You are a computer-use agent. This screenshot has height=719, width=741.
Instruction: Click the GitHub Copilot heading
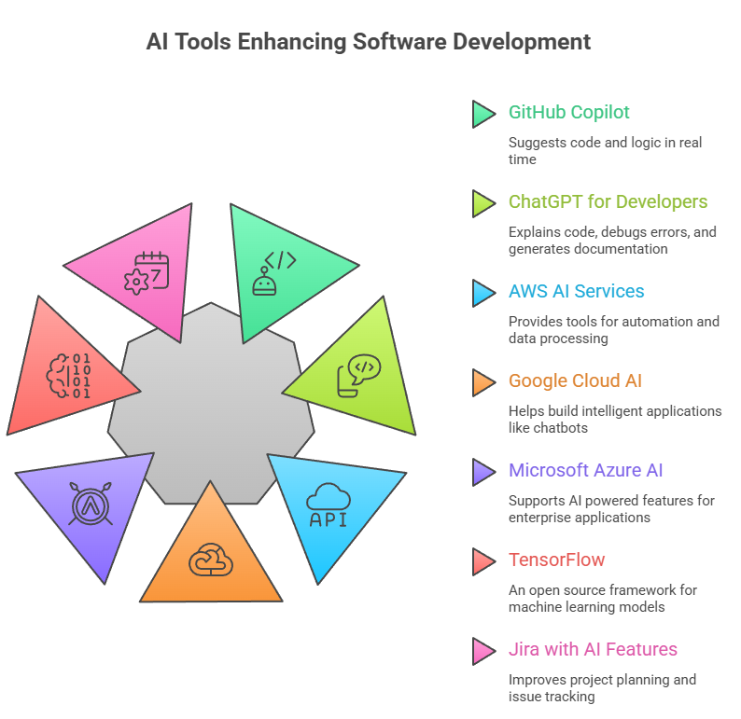click(x=568, y=113)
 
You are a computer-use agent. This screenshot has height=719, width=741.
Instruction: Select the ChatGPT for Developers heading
click(x=608, y=202)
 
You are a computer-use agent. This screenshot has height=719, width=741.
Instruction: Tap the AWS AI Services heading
click(x=576, y=292)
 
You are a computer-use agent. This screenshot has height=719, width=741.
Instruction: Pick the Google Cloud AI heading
click(x=575, y=381)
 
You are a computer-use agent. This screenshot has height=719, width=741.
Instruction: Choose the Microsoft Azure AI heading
click(x=585, y=471)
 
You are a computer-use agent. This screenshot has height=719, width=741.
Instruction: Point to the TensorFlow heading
click(x=556, y=560)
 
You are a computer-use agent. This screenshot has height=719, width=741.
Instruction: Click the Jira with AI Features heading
click(x=593, y=650)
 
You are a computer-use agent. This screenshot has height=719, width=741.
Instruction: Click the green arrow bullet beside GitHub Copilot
click(x=482, y=114)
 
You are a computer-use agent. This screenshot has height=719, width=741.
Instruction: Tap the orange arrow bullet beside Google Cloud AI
click(x=482, y=382)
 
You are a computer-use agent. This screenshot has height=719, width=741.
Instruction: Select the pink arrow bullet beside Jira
click(x=482, y=651)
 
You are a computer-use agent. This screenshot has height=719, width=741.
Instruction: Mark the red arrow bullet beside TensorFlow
click(x=482, y=561)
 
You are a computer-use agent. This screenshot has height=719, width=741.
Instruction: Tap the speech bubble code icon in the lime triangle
click(x=357, y=374)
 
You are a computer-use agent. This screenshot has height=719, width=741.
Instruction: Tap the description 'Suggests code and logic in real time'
click(x=605, y=151)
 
